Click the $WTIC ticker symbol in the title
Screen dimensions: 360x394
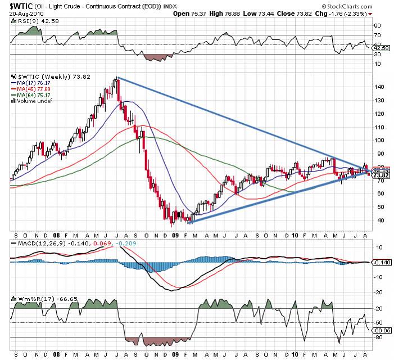[x=19, y=6]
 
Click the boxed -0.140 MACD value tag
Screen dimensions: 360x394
[x=383, y=263]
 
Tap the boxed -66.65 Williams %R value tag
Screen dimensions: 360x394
[x=383, y=331]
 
